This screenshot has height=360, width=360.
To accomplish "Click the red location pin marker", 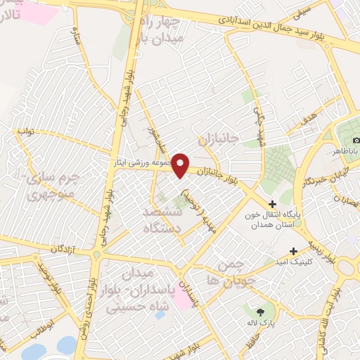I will click(x=181, y=165).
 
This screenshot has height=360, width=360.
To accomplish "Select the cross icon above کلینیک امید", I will click(x=293, y=251).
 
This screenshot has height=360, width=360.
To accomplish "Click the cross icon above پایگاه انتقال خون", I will click(x=273, y=205).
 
